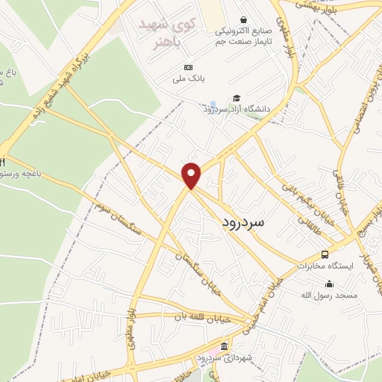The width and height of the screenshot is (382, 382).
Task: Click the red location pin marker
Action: coord(192,175)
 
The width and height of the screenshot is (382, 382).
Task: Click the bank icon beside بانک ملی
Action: coord(188,67)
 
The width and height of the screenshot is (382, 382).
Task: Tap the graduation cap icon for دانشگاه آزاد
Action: coord(237,98)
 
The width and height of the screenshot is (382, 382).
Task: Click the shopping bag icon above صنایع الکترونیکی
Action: coord(243,20)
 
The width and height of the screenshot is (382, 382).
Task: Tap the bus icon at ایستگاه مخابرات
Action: coord(324,254)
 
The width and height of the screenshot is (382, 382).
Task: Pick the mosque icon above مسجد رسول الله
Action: coord(329,284)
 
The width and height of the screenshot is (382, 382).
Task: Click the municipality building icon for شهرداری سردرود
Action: coord(224,347)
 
